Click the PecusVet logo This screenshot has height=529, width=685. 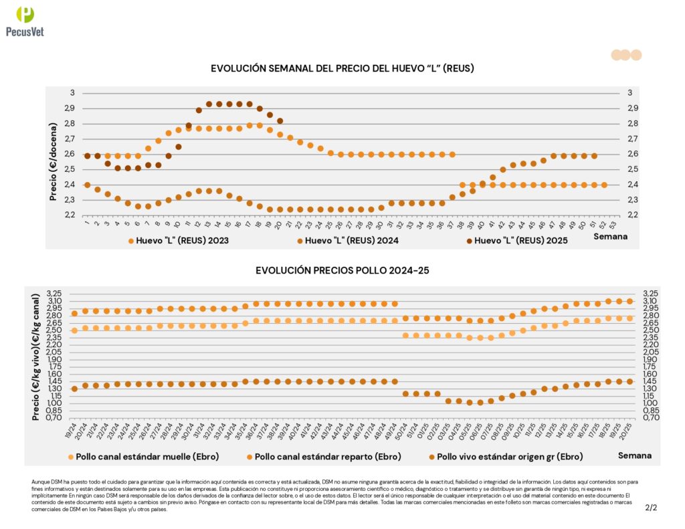tap(25, 21)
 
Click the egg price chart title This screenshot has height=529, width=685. tap(342, 69)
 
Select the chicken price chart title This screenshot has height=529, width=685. tap(342, 270)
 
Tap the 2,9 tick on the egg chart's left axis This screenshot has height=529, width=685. tap(70, 108)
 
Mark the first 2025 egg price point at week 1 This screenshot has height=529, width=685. tap(88, 156)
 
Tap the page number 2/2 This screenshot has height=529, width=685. tap(651, 508)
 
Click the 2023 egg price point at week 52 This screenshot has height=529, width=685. tap(604, 185)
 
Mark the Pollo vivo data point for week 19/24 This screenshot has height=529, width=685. tap(74, 389)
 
